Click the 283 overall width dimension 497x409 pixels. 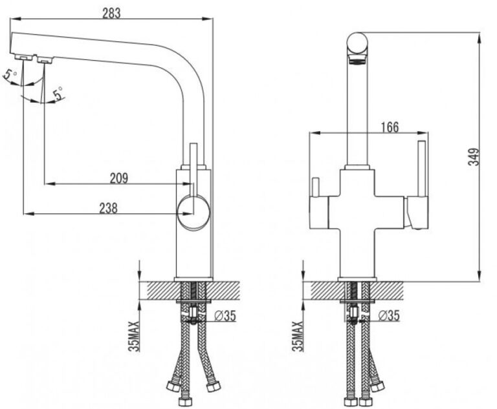click(111, 14)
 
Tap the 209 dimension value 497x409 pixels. click(119, 178)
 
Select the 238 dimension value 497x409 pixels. click(109, 208)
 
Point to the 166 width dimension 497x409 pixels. click(390, 127)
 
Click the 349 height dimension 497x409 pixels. click(474, 157)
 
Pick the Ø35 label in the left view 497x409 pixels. click(225, 315)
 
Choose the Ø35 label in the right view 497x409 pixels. click(389, 315)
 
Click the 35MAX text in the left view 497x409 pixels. click(135, 336)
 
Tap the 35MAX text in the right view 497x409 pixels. click(298, 336)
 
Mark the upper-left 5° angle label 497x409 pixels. click(10, 75)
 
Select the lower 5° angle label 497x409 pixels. click(58, 94)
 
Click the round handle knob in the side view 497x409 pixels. click(193, 211)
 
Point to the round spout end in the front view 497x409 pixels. click(357, 43)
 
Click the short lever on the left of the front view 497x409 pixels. click(315, 187)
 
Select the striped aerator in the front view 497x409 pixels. click(357, 59)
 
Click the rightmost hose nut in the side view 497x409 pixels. click(213, 386)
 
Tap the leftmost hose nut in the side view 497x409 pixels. click(173, 386)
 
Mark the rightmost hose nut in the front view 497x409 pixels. click(378, 386)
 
